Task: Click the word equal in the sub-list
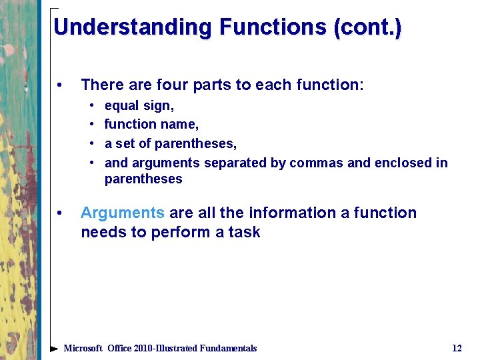pos(120,105)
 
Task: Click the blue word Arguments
pos(122,213)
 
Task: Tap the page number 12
pos(457,348)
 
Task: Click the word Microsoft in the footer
pos(83,348)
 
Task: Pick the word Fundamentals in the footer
pos(225,348)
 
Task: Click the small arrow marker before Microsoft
pos(55,348)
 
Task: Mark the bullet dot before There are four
pos(61,85)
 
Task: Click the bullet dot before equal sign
pos(90,106)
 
